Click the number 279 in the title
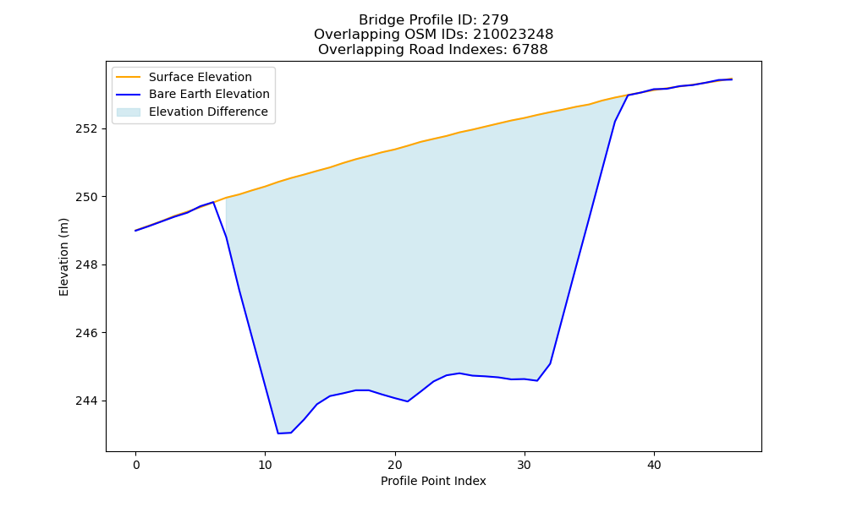pos(495,20)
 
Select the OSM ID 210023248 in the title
pos(514,35)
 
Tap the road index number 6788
pos(530,50)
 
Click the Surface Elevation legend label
pos(201,77)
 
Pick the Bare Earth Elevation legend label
pos(209,94)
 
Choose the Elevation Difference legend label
pos(208,112)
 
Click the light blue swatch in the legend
pos(129,112)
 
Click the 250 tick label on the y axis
pos(86,197)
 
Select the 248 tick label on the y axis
pos(86,265)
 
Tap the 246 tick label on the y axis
pos(86,333)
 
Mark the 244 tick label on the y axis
pos(86,401)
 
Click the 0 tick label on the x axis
pos(136,465)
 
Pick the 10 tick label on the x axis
pos(266,465)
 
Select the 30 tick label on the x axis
pos(525,465)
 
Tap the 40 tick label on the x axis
pos(654,465)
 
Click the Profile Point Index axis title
pos(433,481)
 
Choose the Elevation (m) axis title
pos(63,257)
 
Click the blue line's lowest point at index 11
pos(277,433)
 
